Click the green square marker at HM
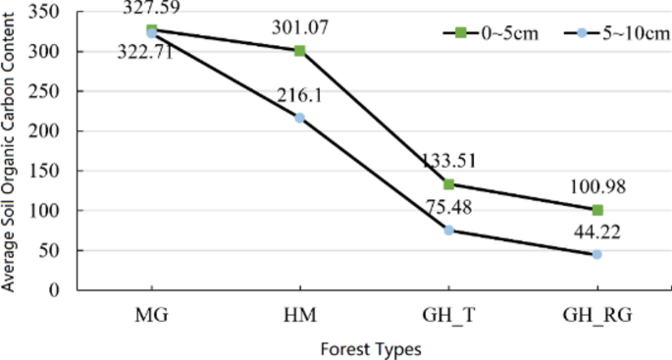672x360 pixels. tap(299, 50)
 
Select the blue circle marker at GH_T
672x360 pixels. tap(448, 231)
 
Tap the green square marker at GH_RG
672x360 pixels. tap(597, 210)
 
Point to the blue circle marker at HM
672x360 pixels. tap(299, 118)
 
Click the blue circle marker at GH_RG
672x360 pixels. tap(597, 255)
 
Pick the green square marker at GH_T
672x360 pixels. tap(448, 184)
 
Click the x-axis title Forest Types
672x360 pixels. tap(375, 347)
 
